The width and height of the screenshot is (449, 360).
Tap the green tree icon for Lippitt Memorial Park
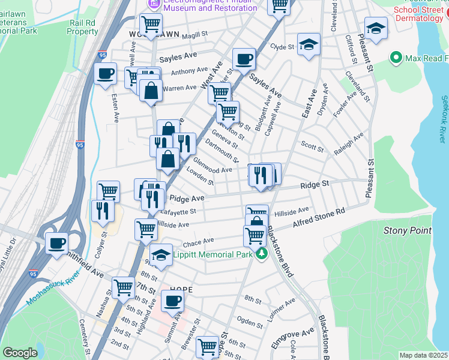pos(261,254)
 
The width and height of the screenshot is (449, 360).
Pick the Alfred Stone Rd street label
pos(319,218)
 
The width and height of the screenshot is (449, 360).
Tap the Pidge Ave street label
pos(187,198)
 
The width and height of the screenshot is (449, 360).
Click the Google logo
pos(20,353)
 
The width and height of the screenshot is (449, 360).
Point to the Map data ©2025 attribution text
pos(423,355)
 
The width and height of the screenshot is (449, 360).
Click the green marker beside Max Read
pos(396,58)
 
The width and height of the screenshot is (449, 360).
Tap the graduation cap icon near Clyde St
pos(309,44)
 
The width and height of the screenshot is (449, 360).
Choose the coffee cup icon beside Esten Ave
pos(105,74)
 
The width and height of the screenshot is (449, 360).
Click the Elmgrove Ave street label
pos(301,332)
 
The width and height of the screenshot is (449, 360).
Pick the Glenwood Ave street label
pos(212,166)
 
